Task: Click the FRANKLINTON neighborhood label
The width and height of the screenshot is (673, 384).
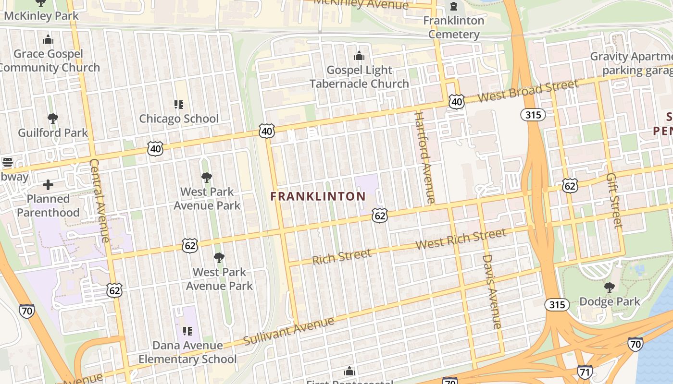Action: [x=318, y=196]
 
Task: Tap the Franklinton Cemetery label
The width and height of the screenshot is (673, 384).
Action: [x=454, y=27]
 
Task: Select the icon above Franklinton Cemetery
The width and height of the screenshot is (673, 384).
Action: [x=454, y=7]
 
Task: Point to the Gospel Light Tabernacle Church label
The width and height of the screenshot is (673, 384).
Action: [x=359, y=77]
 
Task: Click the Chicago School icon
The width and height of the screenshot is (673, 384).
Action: [x=179, y=104]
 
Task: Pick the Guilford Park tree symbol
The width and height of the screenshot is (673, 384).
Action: [x=53, y=119]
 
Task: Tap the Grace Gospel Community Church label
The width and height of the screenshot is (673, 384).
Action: [x=48, y=60]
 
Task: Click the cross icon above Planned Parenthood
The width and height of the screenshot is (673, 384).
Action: [x=48, y=184]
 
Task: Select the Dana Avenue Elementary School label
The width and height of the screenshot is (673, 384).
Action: [x=187, y=352]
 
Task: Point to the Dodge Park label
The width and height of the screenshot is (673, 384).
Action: [x=610, y=301]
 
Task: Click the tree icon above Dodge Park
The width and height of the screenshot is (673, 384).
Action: [x=610, y=288]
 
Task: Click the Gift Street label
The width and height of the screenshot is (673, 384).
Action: [x=614, y=201]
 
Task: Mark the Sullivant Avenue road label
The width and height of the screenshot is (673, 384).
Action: [x=288, y=331]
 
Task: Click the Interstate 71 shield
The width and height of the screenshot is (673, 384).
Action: [x=585, y=372]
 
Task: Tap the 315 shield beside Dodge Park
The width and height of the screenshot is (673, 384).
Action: [x=557, y=305]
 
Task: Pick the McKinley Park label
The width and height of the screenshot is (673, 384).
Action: [x=41, y=16]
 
